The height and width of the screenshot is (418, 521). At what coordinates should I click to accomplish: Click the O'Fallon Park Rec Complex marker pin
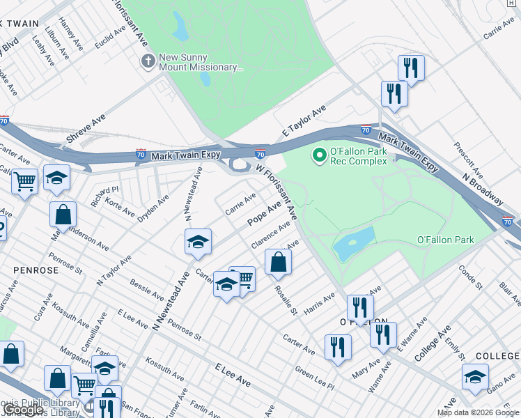(320, 155)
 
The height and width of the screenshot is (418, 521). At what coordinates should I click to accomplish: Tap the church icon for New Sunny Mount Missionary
(147, 61)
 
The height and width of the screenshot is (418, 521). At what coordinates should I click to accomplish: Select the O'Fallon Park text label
(445, 240)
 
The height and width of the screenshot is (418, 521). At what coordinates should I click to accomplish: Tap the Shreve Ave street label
(85, 130)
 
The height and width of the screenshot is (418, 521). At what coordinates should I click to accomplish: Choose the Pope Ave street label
(265, 214)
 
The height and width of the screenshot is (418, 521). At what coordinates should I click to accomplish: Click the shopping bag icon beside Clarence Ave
(278, 263)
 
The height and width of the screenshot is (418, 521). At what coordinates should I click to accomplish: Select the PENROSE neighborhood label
(28, 268)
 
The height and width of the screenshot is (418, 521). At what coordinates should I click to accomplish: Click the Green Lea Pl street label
(314, 376)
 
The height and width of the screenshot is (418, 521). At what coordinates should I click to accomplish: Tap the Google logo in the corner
(24, 410)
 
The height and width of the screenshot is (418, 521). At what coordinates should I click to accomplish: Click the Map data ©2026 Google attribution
(478, 412)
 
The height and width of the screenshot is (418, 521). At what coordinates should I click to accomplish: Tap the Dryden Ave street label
(153, 208)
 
